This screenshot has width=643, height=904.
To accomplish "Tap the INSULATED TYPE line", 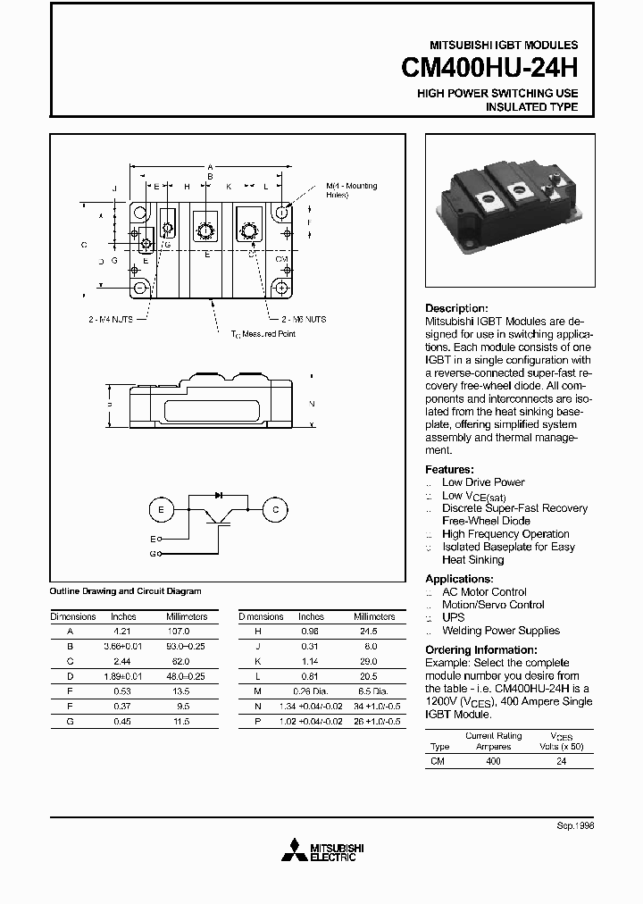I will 530,107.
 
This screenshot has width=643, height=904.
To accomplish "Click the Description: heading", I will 456,308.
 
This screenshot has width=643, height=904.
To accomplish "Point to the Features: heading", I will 449,470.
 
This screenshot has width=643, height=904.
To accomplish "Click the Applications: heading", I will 459,579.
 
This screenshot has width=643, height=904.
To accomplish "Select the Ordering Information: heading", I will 481,650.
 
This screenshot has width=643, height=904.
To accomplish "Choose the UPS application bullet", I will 453,617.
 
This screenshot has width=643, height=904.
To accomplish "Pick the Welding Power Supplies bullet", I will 500,631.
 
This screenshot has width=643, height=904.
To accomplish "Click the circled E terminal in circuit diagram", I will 162,509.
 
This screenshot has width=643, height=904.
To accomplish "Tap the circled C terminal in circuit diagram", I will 275,509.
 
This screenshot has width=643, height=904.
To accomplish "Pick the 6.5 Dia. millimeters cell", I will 368,691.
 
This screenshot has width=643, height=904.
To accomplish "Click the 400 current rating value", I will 493,761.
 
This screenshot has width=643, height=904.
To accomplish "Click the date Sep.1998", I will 575,826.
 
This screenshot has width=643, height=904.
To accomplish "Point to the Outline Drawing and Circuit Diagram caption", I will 125,591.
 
